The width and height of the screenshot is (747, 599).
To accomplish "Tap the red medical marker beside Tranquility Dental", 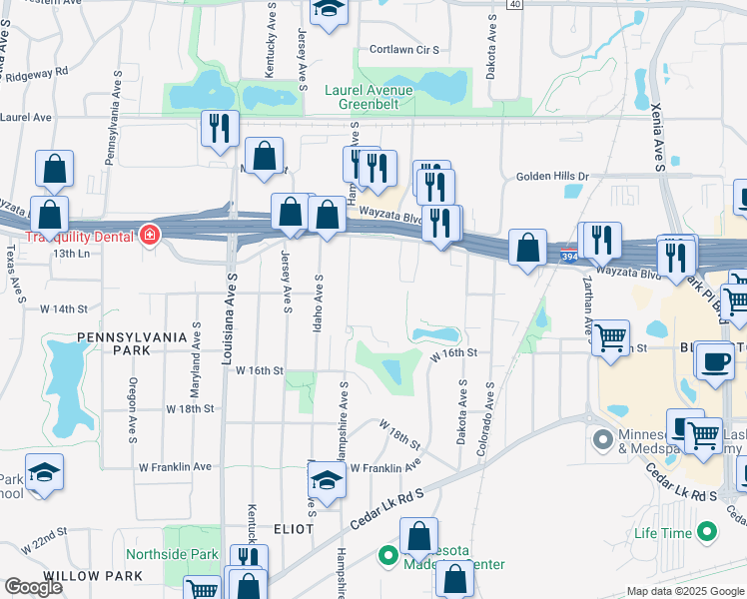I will pos(150,236).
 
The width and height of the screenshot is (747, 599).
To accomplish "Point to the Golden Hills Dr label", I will pos(553,177).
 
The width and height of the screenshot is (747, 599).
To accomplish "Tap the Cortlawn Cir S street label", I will pos(404,49).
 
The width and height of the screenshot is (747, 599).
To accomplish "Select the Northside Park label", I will pos(172,554).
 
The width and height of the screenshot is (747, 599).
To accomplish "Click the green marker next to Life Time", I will pos(707,531).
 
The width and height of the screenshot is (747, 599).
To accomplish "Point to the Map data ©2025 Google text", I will pos(684,591).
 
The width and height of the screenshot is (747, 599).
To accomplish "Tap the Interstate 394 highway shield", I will pos(567,256).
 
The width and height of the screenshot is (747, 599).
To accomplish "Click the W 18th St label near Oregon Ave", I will pos(191,408).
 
